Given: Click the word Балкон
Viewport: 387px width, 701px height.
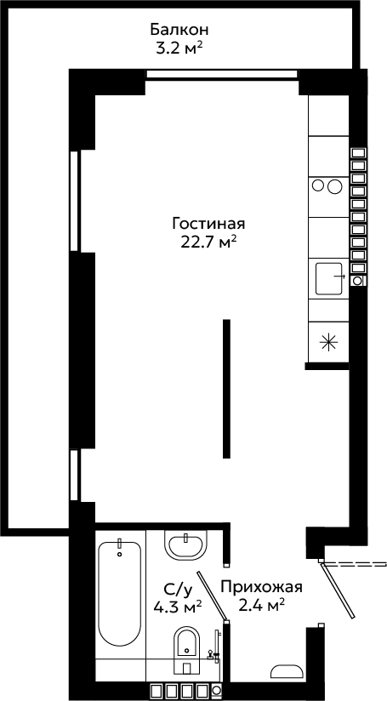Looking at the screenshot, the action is pos(179,31).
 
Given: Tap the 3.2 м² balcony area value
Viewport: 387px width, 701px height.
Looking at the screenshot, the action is pos(177,48).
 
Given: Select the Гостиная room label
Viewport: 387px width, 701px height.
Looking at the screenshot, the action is pos(208,223).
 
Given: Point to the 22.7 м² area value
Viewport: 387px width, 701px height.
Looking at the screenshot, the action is pos(208,242).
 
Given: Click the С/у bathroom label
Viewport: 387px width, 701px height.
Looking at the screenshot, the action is pos(178,590).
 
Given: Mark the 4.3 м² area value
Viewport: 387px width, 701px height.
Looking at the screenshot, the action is pos(178,607).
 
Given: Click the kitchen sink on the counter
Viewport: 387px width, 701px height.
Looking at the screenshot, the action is pos(330,278).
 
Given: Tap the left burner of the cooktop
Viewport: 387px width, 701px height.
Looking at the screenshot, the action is pos(318,185).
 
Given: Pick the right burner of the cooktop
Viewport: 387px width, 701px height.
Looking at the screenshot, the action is pos(334,186).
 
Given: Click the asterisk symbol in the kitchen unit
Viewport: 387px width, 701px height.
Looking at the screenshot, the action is pos(328,343).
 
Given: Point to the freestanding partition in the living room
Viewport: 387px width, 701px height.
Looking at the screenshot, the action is pos(226,389).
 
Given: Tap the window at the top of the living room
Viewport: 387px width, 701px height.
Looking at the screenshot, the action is pos(222,74).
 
